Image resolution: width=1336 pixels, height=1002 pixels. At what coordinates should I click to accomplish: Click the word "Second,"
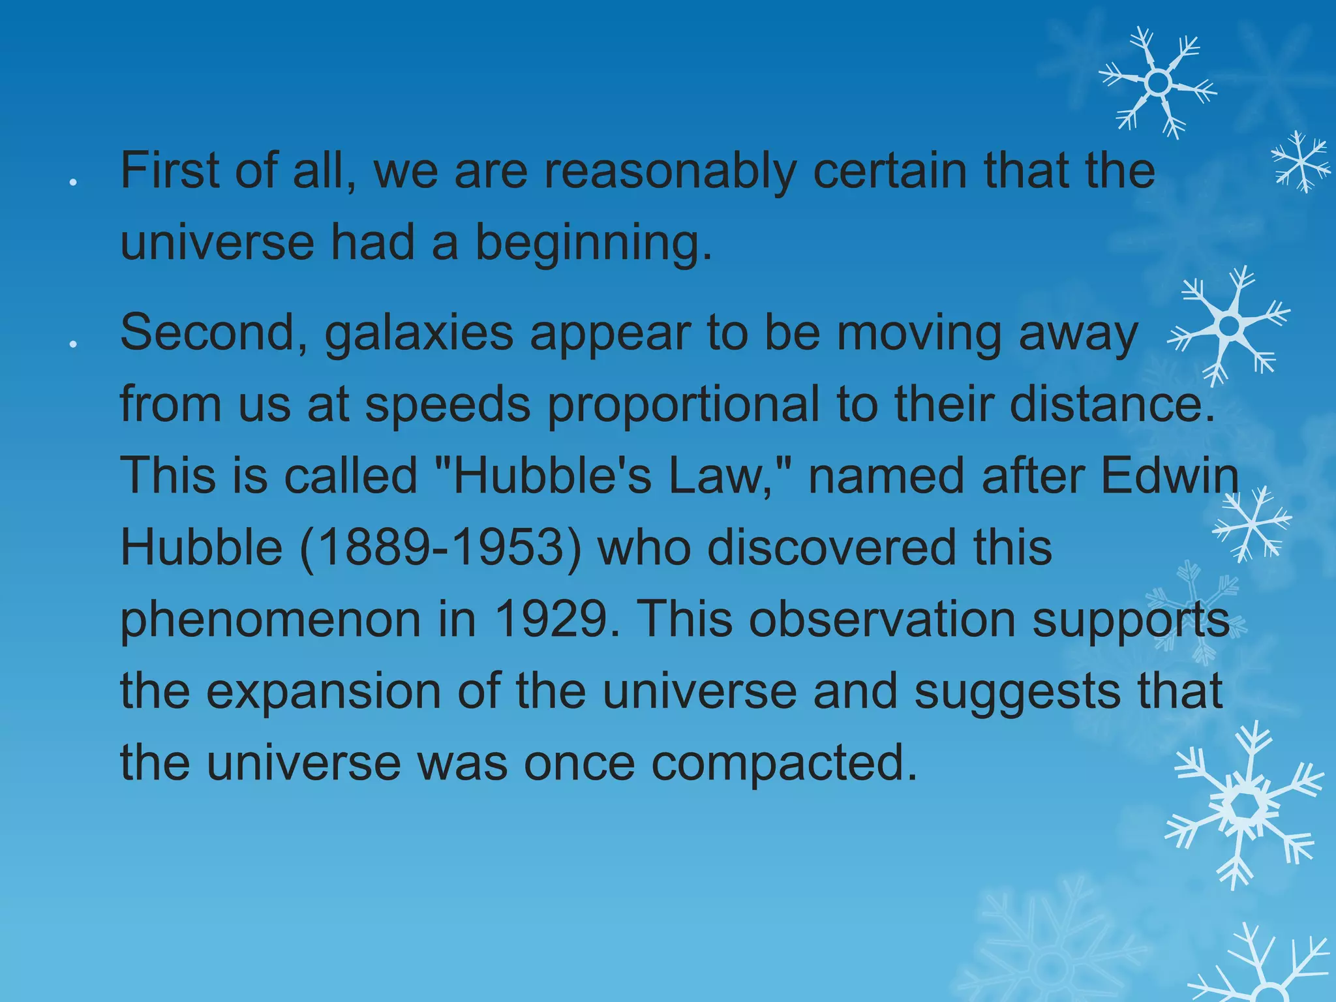click(x=213, y=334)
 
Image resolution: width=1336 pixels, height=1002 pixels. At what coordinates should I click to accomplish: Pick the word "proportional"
click(x=683, y=406)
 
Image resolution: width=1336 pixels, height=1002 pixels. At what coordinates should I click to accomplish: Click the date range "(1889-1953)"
click(x=440, y=548)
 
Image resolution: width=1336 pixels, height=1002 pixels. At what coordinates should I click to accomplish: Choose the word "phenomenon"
click(x=271, y=620)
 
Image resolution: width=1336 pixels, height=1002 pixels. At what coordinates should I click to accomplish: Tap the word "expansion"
click(x=324, y=691)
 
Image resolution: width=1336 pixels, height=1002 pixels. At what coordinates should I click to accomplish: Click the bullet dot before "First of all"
click(x=74, y=183)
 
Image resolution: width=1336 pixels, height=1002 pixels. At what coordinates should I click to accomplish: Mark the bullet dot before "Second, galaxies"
click(x=74, y=344)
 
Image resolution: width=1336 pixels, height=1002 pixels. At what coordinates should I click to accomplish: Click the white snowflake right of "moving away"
click(x=1228, y=324)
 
